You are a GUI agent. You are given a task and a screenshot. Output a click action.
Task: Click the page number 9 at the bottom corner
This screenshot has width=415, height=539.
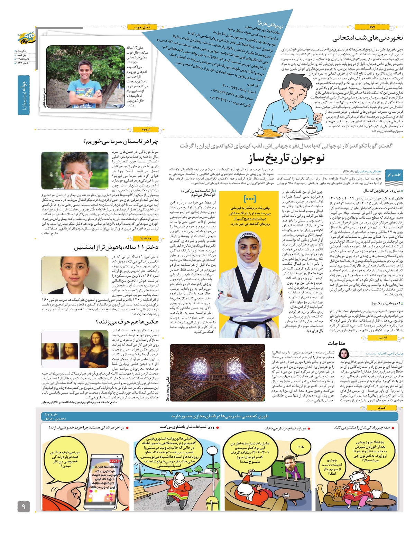point(24,507)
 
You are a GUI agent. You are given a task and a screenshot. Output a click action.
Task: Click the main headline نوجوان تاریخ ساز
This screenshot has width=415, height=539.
point(286,159)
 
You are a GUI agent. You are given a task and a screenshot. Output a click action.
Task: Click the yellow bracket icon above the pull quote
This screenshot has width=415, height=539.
point(249,199)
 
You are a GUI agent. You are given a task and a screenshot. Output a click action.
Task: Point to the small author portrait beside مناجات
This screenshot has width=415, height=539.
point(343,354)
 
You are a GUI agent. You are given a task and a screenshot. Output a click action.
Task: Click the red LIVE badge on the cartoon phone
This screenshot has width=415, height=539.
point(114,461)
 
